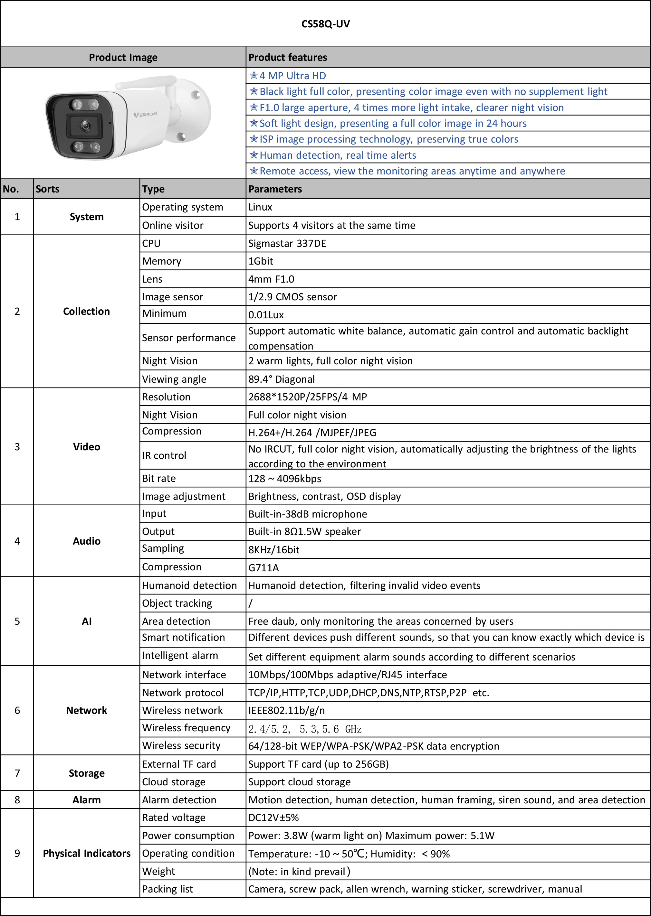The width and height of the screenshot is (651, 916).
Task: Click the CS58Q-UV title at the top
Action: pyautogui.click(x=325, y=24)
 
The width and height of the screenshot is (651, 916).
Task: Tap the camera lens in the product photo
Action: pyautogui.click(x=85, y=126)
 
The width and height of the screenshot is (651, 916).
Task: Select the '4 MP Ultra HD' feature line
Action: pyautogui.click(x=292, y=76)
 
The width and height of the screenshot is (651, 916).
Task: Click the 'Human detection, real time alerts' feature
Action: pyautogui.click(x=338, y=155)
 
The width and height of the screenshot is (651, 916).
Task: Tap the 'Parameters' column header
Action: pyautogui.click(x=275, y=189)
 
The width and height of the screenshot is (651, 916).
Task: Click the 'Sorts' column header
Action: pyautogui.click(x=47, y=189)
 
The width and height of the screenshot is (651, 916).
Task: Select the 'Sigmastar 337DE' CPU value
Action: pyautogui.click(x=287, y=244)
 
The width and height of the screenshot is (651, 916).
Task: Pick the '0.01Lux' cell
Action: pyautogui.click(x=266, y=315)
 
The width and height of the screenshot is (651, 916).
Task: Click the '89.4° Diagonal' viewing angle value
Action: pyautogui.click(x=282, y=379)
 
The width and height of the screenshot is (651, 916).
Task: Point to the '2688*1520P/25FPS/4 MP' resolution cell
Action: pyautogui.click(x=307, y=397)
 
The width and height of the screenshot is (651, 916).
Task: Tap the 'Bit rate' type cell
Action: pyautogui.click(x=159, y=478)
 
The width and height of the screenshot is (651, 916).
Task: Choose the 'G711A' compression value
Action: pyautogui.click(x=263, y=567)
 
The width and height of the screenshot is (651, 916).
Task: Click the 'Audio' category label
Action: pyautogui.click(x=87, y=541)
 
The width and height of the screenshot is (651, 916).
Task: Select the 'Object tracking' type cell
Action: pyautogui.click(x=177, y=603)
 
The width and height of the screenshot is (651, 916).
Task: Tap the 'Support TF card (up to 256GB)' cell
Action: pyautogui.click(x=318, y=764)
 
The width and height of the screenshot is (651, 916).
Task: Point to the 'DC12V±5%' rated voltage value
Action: pyautogui.click(x=273, y=818)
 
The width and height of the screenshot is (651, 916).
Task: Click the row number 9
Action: pyautogui.click(x=17, y=853)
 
